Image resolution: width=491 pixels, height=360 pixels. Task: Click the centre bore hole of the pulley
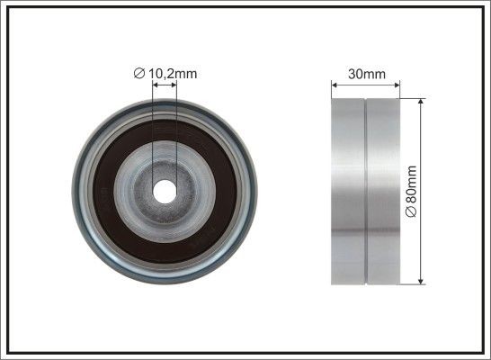pyautogui.click(x=165, y=191)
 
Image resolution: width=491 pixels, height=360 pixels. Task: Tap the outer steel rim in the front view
pyautogui.click(x=79, y=192)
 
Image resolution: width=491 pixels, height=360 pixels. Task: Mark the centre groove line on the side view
pyautogui.click(x=365, y=192)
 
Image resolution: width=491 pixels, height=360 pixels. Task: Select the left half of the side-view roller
pyautogui.click(x=348, y=192)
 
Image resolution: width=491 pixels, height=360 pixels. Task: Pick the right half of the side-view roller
pyautogui.click(x=382, y=192)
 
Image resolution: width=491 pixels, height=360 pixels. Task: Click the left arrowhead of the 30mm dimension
pyautogui.click(x=335, y=86)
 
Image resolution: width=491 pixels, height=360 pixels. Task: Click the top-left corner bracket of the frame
pyautogui.click(x=8, y=8)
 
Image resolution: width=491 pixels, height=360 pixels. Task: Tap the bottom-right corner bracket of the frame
pyautogui.click(x=483, y=352)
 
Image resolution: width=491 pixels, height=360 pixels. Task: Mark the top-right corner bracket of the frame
pyautogui.click(x=483, y=8)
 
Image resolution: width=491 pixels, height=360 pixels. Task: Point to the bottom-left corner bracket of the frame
pyautogui.click(x=8, y=352)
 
